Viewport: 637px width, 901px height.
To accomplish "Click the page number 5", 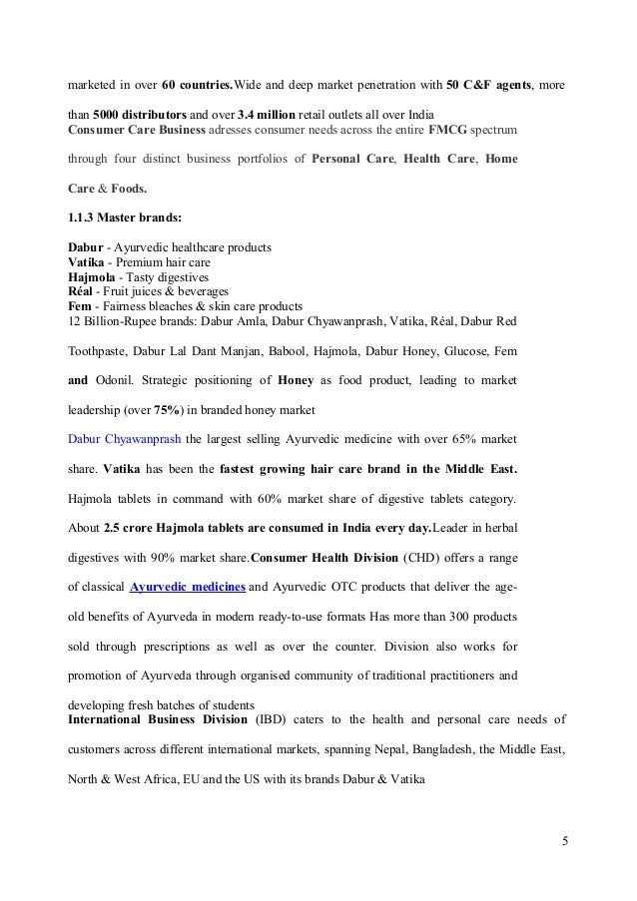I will click(x=564, y=839).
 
